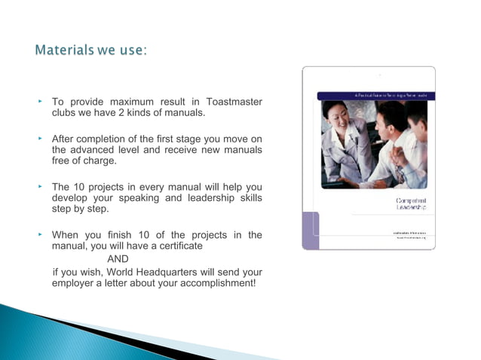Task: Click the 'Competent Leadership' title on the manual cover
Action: click(x=411, y=206)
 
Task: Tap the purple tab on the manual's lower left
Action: click(x=310, y=230)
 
